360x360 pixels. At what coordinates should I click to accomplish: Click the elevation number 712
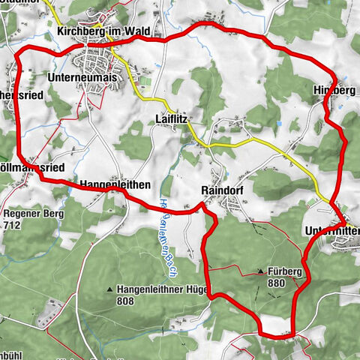coord(11,224)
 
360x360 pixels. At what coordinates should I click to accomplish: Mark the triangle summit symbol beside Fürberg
coord(260,271)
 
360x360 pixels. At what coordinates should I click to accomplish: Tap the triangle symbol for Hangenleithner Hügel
coord(110,289)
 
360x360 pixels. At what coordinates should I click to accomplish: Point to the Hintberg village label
coord(333,90)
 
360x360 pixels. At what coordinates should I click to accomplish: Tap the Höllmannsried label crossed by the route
coord(34,167)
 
